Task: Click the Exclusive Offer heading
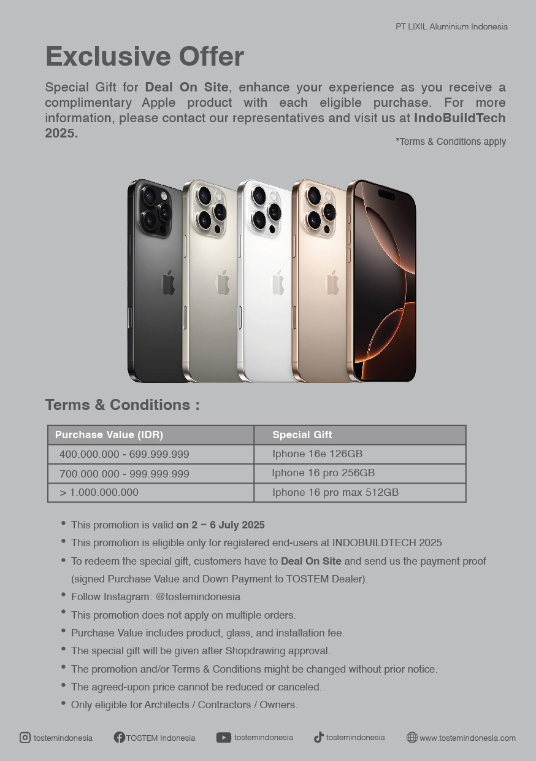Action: (145, 56)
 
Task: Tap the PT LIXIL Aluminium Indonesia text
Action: (451, 26)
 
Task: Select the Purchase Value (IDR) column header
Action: (109, 435)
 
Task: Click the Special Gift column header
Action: (302, 435)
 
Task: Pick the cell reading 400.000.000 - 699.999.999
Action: (124, 454)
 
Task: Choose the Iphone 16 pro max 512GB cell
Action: (335, 492)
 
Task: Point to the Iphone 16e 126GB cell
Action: (318, 454)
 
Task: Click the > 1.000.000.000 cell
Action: (99, 492)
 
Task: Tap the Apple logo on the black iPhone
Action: (168, 283)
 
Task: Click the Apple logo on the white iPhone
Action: (278, 283)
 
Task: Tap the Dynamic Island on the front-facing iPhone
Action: (386, 195)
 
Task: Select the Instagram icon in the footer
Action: (25, 738)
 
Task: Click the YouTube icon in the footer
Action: (223, 738)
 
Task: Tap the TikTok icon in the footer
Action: (318, 738)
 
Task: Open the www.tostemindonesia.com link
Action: (467, 738)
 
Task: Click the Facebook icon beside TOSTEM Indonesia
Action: (120, 738)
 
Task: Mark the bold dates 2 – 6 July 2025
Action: (220, 525)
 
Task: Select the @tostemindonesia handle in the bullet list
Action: (197, 597)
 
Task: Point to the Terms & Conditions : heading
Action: (122, 405)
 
